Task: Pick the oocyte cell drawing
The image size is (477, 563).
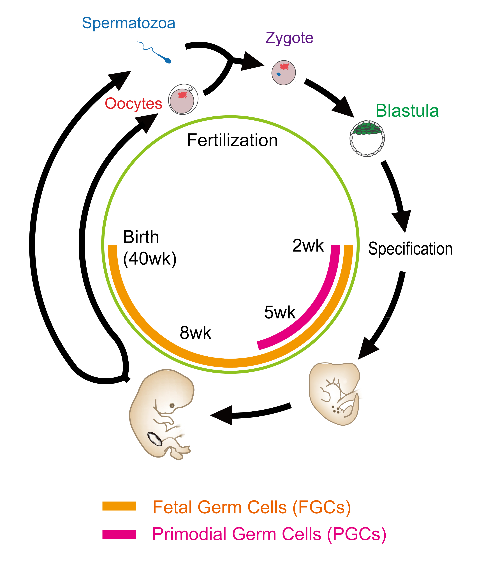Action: [183, 99]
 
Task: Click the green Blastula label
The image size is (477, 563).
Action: [407, 111]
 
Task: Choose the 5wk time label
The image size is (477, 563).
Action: [280, 312]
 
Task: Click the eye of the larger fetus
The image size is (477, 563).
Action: [172, 405]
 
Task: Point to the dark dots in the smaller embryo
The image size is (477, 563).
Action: [336, 410]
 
